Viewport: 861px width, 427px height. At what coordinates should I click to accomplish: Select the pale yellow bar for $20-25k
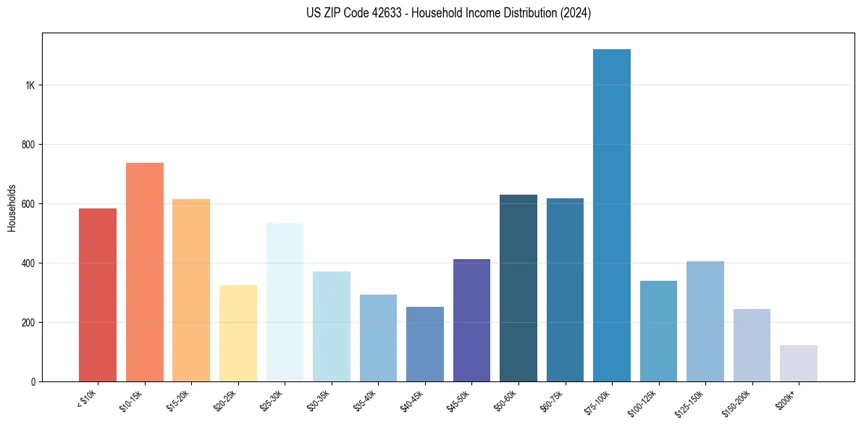238,333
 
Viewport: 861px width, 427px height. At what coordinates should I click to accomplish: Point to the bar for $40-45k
424,344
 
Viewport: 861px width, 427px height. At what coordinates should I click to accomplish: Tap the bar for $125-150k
705,321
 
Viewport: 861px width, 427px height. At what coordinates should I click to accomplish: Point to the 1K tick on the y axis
30,85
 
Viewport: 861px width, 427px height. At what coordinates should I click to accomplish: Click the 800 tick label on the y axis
28,145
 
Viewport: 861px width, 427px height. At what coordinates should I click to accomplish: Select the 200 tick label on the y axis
28,323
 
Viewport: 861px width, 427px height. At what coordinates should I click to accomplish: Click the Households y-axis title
12,208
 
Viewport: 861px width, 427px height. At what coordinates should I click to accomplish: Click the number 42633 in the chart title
384,13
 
